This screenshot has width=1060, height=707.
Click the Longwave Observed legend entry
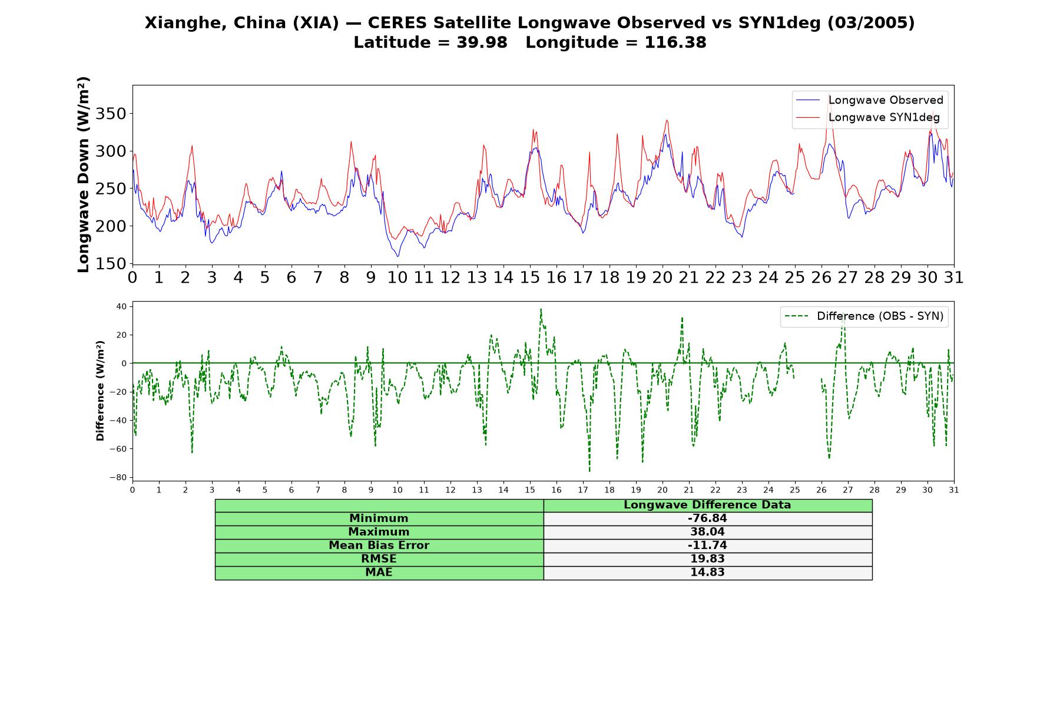coord(870,100)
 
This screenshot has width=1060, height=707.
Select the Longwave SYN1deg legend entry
coord(868,117)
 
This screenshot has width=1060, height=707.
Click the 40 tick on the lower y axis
coord(121,306)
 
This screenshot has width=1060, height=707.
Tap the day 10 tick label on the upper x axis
coord(397,277)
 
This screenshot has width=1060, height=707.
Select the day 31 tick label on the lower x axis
coord(954,490)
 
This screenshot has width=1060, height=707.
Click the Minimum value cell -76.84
coord(707,518)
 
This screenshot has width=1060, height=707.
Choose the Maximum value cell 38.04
coord(707,532)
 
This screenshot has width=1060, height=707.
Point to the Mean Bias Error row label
coord(379,546)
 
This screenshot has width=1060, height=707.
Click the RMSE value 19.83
coord(707,559)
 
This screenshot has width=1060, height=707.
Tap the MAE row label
coord(379,573)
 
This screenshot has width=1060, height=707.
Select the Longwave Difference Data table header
coord(707,505)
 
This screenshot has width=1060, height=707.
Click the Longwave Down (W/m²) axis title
coord(84,174)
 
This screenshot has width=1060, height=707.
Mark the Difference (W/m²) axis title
coord(100,391)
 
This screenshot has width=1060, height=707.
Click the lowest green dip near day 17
coord(589,471)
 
